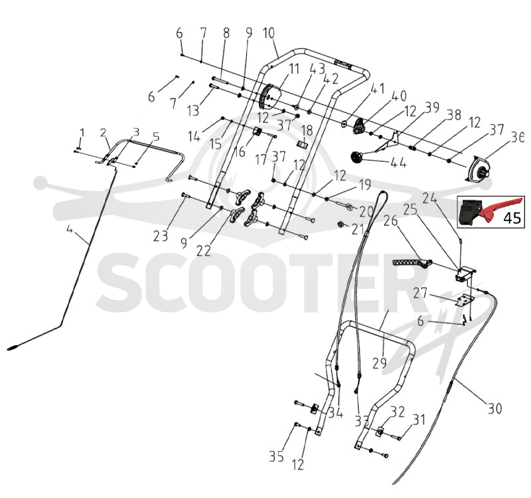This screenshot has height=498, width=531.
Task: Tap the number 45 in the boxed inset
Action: point(512,218)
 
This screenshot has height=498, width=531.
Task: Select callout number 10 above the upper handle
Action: point(269,33)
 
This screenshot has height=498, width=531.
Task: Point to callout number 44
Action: point(398,163)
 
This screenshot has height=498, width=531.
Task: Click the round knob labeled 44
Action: point(356,158)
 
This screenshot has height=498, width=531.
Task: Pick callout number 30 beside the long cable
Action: point(494,408)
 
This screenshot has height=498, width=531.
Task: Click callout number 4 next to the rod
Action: point(70,229)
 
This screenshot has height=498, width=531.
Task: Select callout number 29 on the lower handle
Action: point(379,363)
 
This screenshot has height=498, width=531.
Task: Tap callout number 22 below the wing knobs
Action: point(203,251)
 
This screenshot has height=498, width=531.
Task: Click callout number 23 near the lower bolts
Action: point(161,236)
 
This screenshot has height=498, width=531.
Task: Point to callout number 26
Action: point(390,221)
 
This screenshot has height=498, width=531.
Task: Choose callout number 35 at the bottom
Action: point(276,456)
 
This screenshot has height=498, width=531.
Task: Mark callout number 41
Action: point(378,89)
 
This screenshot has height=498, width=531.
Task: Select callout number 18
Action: point(307,131)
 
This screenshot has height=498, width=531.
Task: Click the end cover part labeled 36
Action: point(479,171)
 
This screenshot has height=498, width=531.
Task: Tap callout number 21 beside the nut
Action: point(358,229)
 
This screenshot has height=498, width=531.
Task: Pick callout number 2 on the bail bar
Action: point(104,133)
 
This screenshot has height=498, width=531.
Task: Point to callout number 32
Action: point(398,412)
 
